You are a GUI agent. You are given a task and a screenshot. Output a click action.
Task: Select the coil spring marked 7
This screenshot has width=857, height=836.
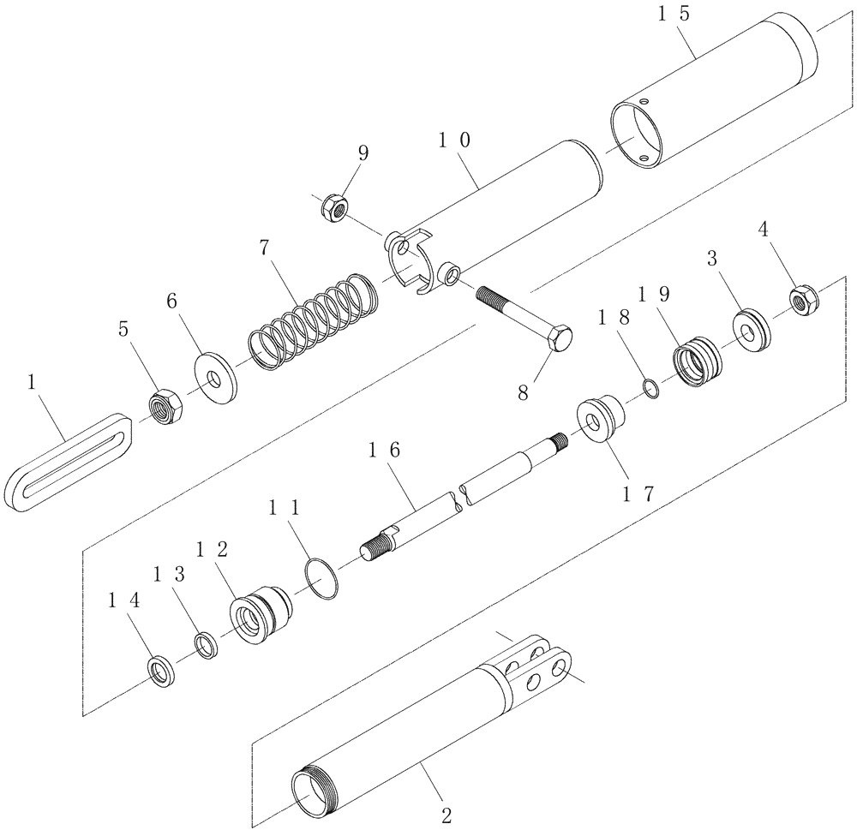pos(312,321)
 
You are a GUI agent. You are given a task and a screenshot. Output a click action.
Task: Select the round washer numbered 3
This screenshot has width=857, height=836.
pos(752,329)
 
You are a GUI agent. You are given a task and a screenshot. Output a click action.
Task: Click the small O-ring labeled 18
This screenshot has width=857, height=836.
pos(650,390)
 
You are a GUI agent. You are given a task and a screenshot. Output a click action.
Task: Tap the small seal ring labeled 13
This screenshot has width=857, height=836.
pos(207,644)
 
